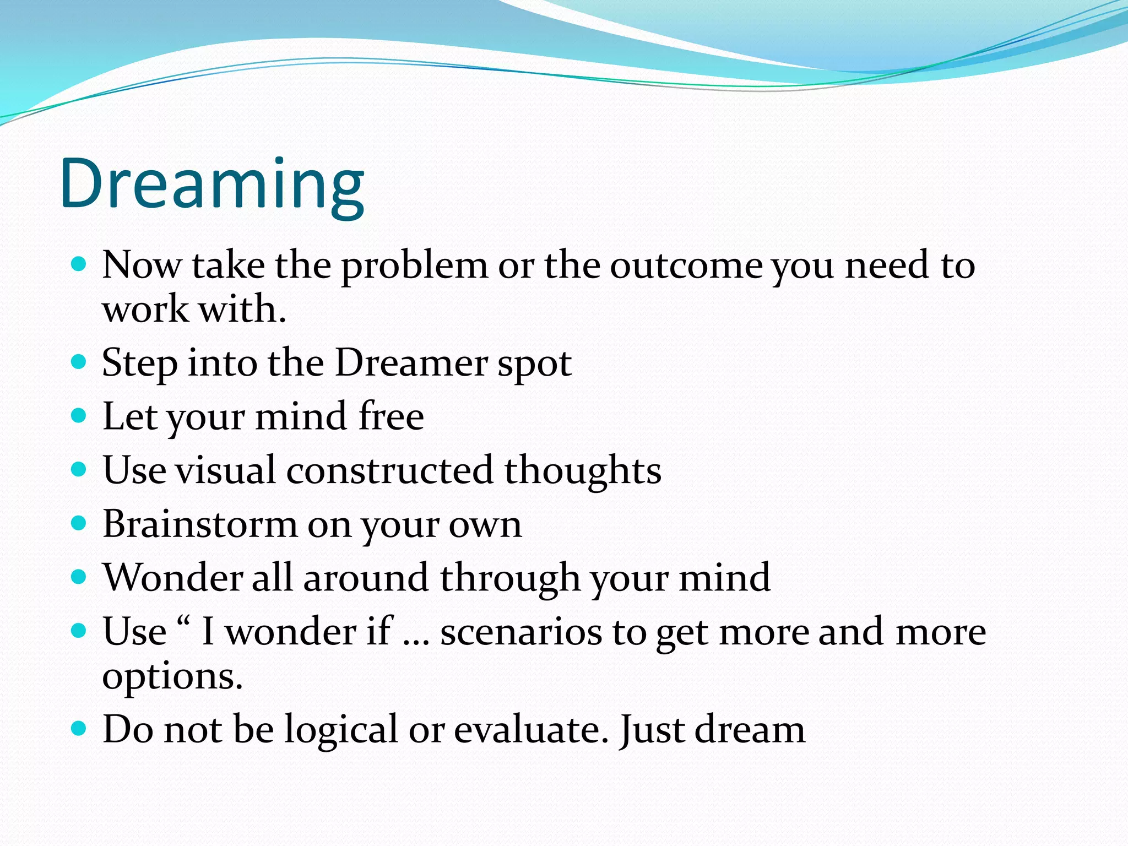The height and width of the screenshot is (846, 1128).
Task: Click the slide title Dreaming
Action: click(x=212, y=185)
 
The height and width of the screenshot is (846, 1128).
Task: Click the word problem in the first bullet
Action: click(x=414, y=267)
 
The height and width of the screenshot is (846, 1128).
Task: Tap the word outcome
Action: click(x=686, y=265)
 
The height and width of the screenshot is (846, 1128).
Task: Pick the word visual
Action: click(x=225, y=470)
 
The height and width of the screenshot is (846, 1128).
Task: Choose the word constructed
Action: click(x=389, y=470)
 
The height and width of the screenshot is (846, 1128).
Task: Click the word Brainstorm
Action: click(x=200, y=524)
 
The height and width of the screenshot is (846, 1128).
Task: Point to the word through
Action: click(x=509, y=579)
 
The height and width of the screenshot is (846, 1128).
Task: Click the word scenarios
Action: click(x=521, y=632)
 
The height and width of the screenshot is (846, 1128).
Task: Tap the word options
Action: click(x=172, y=677)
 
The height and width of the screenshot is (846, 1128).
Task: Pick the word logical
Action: click(x=340, y=730)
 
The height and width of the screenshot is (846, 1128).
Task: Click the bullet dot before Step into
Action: click(x=79, y=362)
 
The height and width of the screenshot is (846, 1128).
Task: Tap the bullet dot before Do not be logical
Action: click(x=79, y=729)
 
